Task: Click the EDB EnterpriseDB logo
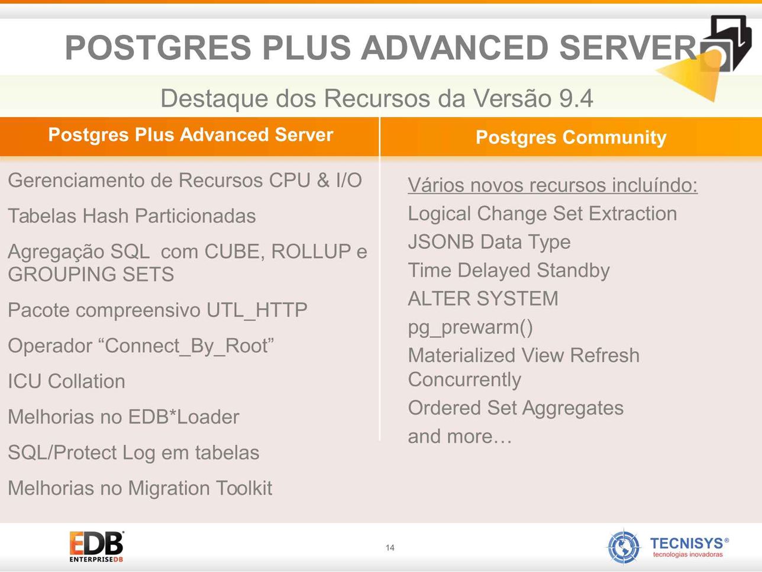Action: (x=96, y=547)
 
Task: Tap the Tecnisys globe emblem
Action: (x=624, y=547)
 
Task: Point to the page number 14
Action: (x=390, y=548)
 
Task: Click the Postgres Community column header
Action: (x=571, y=137)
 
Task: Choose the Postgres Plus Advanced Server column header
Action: (x=190, y=135)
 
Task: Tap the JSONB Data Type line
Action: (x=489, y=242)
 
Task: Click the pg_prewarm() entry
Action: (x=470, y=327)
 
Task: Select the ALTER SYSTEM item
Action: (x=483, y=298)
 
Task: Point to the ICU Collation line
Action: (x=66, y=381)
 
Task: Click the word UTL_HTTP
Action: (x=257, y=310)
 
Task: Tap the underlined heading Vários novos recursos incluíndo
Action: (x=553, y=185)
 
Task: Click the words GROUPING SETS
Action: (x=91, y=274)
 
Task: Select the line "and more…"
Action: (x=460, y=436)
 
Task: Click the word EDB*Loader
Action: (x=183, y=417)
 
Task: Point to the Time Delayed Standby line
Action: (x=509, y=271)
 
